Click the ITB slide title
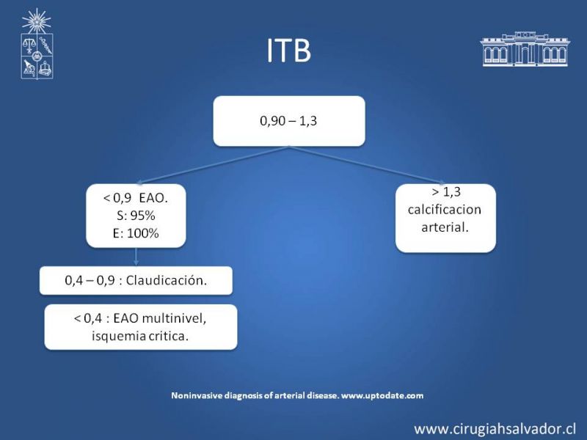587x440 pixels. (288, 50)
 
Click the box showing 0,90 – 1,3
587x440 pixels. (289, 121)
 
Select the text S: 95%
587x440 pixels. (136, 216)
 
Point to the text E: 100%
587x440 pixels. (136, 233)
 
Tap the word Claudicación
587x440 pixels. (167, 280)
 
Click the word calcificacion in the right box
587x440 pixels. (445, 209)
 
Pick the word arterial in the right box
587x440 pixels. (445, 227)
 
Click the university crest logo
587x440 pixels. (37, 44)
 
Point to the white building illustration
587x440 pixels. (525, 49)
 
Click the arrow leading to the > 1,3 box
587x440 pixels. (368, 165)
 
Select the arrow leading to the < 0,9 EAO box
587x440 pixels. (213, 165)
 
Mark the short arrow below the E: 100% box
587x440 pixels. (136, 257)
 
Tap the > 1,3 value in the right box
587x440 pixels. (446, 192)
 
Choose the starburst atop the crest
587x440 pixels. (36, 21)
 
